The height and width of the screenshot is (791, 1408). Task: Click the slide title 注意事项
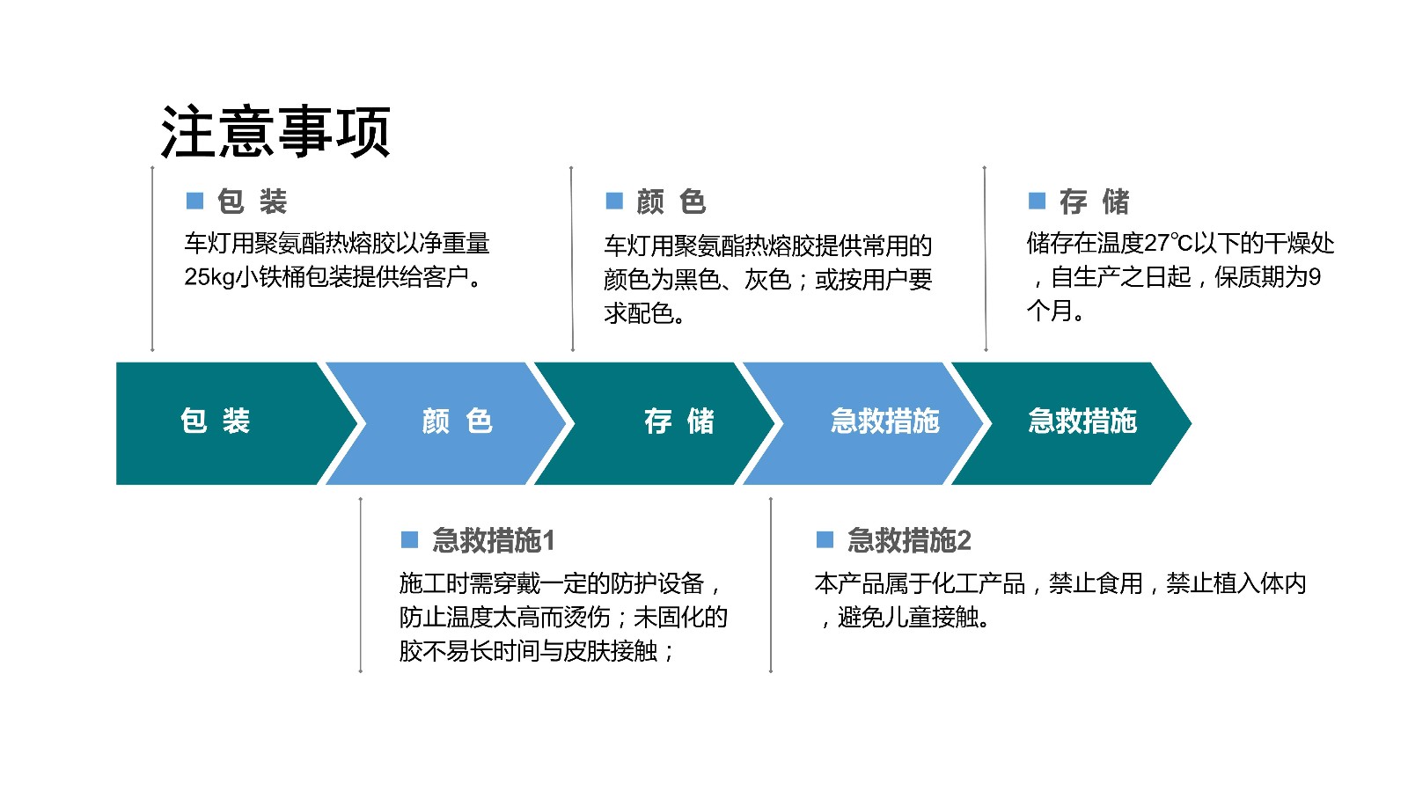(x=276, y=132)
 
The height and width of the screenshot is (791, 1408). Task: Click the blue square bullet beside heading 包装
(x=194, y=201)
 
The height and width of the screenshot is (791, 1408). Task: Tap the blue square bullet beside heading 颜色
(x=614, y=201)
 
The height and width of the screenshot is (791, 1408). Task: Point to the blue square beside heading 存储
(x=1037, y=201)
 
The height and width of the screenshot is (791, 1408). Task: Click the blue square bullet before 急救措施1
(x=410, y=539)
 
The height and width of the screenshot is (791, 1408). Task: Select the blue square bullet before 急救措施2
(x=825, y=539)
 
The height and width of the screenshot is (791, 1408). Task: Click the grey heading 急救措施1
(x=494, y=540)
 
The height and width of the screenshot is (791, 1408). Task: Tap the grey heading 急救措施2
(x=909, y=540)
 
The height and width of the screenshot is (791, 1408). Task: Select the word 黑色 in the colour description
(x=697, y=280)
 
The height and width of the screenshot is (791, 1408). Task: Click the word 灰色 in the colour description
(x=767, y=280)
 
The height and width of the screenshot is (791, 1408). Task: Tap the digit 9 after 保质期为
(x=1314, y=277)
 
